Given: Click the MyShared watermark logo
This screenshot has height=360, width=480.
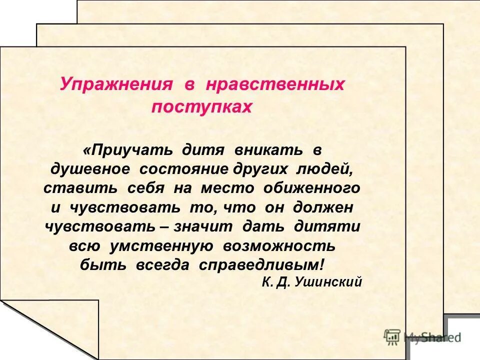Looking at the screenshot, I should click(x=422, y=336).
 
